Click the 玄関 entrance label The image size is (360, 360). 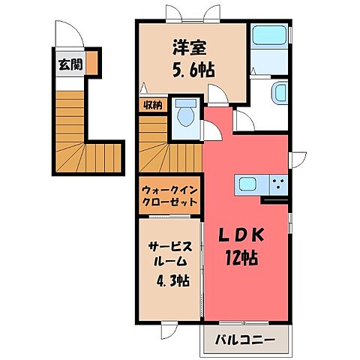(x=67, y=64)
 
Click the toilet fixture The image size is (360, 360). (x=185, y=115)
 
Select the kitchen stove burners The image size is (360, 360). (x=277, y=184)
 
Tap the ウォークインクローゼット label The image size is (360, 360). (x=169, y=196)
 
